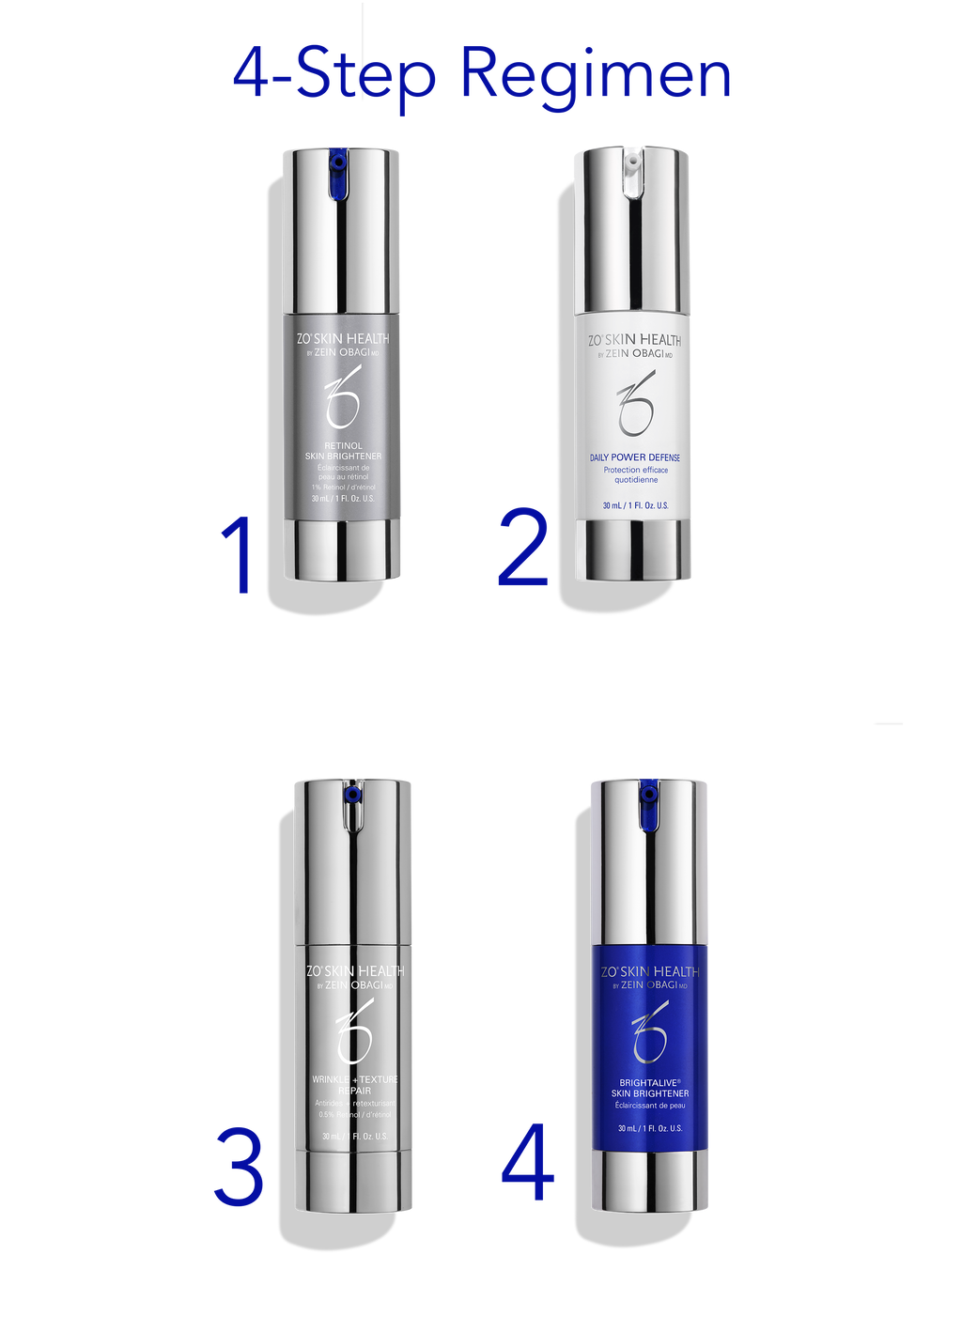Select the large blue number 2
tap(523, 548)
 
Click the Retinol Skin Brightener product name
tap(343, 451)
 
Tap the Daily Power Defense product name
tap(635, 457)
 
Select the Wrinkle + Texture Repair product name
tap(355, 1085)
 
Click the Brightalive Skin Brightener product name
tap(650, 1088)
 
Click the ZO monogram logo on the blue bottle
tap(650, 1031)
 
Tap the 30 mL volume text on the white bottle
tap(635, 505)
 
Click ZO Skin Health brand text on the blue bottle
tap(650, 971)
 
